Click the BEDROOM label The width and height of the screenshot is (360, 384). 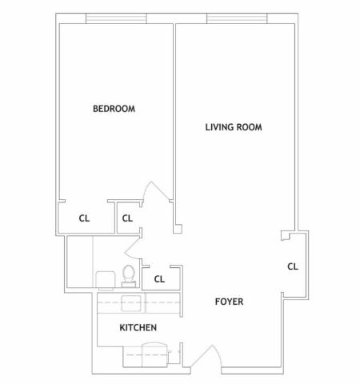[x=114, y=109]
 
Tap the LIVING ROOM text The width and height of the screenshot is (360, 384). [x=234, y=127]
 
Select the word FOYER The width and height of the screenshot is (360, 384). [x=229, y=302]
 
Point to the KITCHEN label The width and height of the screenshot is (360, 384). [x=138, y=328]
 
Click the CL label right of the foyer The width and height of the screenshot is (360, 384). [x=293, y=266]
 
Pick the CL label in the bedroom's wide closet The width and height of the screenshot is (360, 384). [x=84, y=218]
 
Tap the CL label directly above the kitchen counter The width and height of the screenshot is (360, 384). [x=159, y=279]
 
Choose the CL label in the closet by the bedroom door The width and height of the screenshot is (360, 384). [x=127, y=218]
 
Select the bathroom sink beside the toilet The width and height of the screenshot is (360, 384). [x=106, y=280]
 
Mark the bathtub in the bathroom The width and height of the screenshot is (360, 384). [x=79, y=262]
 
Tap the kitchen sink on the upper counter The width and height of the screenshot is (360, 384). [x=131, y=303]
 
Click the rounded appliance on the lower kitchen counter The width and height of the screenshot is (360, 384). [x=154, y=354]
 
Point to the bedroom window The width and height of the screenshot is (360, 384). [x=116, y=18]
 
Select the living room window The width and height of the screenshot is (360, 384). [x=237, y=18]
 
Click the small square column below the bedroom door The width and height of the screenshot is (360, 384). [x=178, y=229]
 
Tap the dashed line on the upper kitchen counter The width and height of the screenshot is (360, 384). [x=138, y=302]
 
